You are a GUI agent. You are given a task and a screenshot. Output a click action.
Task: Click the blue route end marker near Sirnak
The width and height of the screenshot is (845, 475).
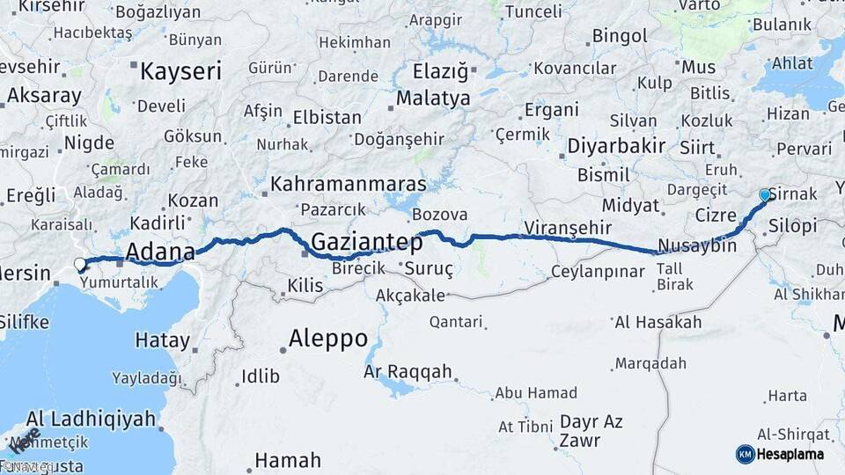point(765,195)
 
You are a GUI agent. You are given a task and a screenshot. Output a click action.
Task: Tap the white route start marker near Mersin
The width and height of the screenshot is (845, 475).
point(80,264)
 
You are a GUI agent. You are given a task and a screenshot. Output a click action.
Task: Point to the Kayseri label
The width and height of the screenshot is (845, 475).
point(180,71)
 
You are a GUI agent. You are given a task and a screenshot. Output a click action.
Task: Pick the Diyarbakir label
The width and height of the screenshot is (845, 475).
point(616,145)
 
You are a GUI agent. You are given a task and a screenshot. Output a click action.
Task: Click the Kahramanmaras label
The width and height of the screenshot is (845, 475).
point(349,185)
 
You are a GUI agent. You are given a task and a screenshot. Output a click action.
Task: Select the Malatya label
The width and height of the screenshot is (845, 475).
point(433,99)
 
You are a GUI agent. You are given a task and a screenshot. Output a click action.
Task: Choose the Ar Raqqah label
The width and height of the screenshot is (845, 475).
point(408,372)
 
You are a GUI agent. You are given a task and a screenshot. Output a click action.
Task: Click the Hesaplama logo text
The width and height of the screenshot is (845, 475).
point(791,454)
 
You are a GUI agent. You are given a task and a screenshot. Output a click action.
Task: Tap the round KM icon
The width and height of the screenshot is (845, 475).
point(745,454)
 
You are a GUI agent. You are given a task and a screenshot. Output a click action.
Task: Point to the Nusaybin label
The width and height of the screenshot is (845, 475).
point(697,246)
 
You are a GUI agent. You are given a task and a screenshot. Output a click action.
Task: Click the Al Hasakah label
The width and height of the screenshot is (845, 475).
point(658,323)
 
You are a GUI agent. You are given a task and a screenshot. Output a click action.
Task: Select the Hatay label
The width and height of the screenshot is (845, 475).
point(162,340)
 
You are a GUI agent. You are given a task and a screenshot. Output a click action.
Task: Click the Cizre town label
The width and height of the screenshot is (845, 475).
point(716,215)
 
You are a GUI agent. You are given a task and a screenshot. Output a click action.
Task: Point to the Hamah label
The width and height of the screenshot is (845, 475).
point(288,460)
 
